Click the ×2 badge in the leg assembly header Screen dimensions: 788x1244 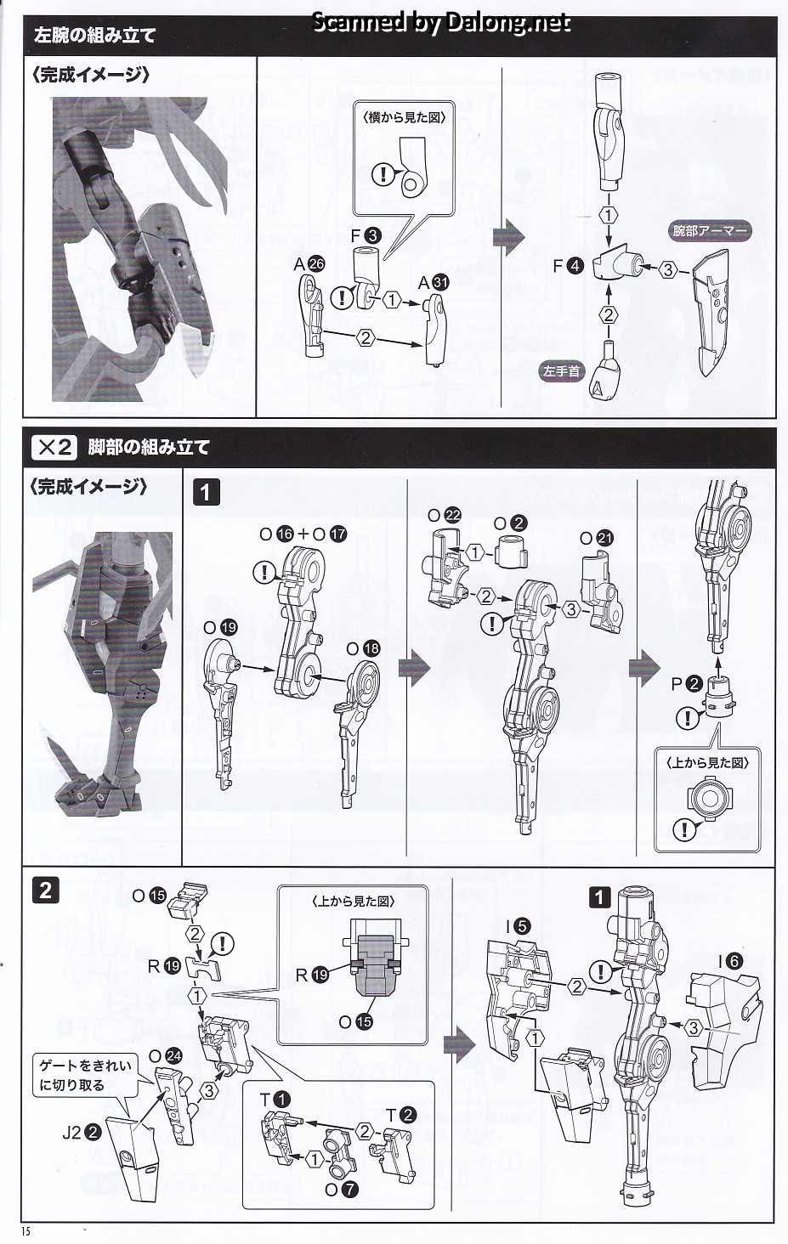click(54, 447)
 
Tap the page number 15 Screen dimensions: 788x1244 click(26, 1231)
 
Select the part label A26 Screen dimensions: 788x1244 click(309, 264)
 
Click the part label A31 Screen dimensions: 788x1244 click(433, 283)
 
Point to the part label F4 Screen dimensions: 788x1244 click(568, 267)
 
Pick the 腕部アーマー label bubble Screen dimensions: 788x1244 click(709, 231)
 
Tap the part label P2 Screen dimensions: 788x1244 click(686, 684)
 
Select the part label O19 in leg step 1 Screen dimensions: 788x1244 click(220, 628)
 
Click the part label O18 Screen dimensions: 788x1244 click(363, 648)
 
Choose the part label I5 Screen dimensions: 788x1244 click(518, 926)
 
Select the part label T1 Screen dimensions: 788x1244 click(275, 1099)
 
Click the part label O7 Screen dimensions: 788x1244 click(341, 1190)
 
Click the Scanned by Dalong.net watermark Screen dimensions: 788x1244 click(440, 22)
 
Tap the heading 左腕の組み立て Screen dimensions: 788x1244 click(94, 36)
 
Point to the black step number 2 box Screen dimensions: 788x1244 click(46, 891)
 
